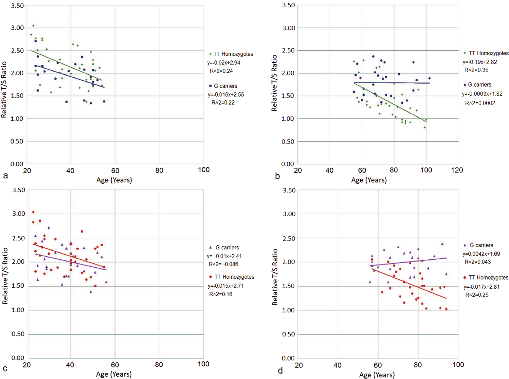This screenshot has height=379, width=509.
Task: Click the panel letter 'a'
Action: click(5, 176)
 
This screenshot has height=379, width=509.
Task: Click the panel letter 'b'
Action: click(277, 176)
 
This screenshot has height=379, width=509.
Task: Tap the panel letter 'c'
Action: click(5, 369)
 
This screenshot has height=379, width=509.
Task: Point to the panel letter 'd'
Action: click(280, 370)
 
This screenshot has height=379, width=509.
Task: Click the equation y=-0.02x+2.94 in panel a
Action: click(224, 63)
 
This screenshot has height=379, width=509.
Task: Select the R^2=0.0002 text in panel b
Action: click(480, 103)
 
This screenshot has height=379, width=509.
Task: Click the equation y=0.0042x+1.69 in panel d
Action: click(481, 254)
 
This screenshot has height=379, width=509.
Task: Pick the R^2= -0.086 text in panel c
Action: click(223, 264)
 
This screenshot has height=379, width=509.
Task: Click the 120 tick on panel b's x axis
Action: click(457, 170)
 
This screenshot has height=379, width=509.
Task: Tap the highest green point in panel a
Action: click(33, 26)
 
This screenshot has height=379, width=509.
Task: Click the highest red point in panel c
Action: click(33, 212)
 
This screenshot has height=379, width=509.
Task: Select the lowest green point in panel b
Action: click(425, 127)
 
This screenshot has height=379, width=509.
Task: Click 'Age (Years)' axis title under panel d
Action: click(377, 375)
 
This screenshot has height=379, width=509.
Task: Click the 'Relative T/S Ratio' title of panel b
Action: click(274, 83)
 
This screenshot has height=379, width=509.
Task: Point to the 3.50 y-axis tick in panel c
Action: click(19, 190)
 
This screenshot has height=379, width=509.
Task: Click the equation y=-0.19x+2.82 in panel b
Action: click(479, 62)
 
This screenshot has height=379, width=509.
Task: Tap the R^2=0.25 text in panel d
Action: click(477, 295)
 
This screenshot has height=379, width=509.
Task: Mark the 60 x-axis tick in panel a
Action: click(115, 170)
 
